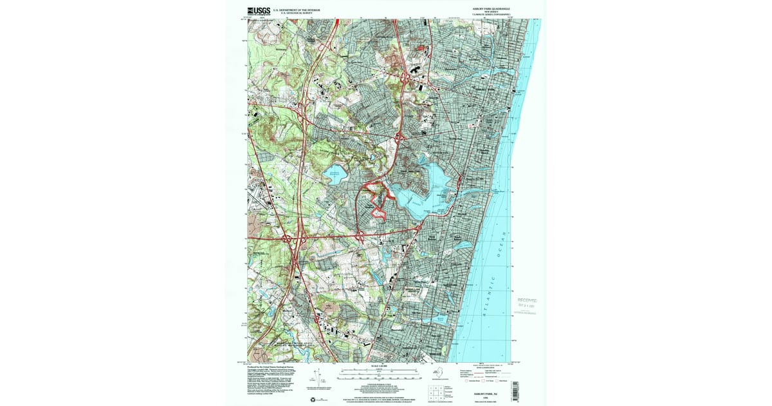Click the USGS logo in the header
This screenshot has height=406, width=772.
pyautogui.click(x=257, y=10)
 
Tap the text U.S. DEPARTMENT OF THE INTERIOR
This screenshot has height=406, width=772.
pyautogui.click(x=297, y=9)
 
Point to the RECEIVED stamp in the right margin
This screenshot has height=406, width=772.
pyautogui.click(x=527, y=300)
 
